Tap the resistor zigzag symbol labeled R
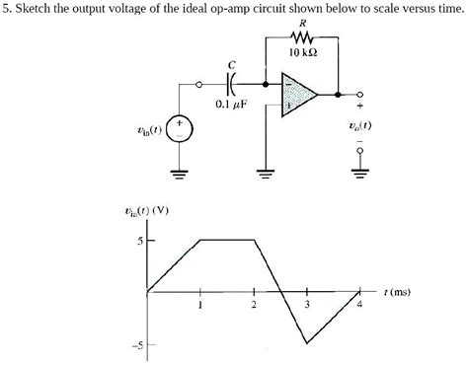point(301,37)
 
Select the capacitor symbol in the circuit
point(234,85)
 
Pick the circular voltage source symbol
point(179,128)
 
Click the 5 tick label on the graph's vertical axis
point(140,240)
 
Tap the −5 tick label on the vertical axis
point(139,344)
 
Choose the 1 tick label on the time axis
point(200,304)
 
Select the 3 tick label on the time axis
point(307,304)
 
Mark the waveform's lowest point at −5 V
point(306,342)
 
